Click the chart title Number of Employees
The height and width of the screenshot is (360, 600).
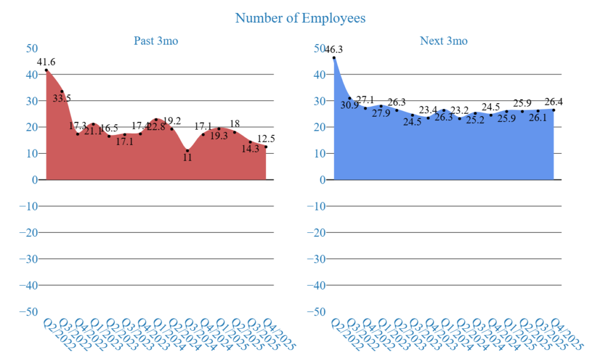click(300, 18)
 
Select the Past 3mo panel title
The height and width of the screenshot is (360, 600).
click(156, 41)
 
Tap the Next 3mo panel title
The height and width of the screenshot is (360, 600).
click(444, 41)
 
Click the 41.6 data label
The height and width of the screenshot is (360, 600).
click(46, 62)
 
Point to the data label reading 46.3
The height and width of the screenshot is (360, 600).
click(333, 50)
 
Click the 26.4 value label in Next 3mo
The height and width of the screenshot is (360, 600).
click(553, 101)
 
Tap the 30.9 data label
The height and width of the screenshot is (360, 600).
click(349, 104)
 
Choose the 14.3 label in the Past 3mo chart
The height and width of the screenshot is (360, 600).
click(250, 149)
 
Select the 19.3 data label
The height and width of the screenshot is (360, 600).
click(219, 135)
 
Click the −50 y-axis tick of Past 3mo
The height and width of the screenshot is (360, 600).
click(28, 311)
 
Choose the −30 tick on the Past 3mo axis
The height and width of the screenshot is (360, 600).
click(28, 259)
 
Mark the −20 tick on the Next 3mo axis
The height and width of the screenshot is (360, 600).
click(316, 232)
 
